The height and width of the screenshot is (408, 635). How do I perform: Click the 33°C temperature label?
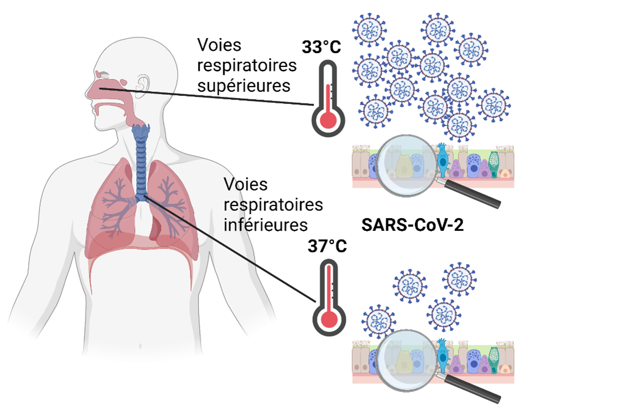pyautogui.click(x=321, y=46)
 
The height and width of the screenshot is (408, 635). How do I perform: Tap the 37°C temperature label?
pyautogui.click(x=327, y=247)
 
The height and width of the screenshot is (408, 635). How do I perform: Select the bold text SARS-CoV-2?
pyautogui.click(x=413, y=224)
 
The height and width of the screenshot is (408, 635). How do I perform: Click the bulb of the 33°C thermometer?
pyautogui.click(x=328, y=120)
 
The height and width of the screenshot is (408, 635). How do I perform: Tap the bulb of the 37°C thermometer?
pyautogui.click(x=328, y=320)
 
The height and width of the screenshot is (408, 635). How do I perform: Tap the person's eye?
pyautogui.click(x=103, y=75)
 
